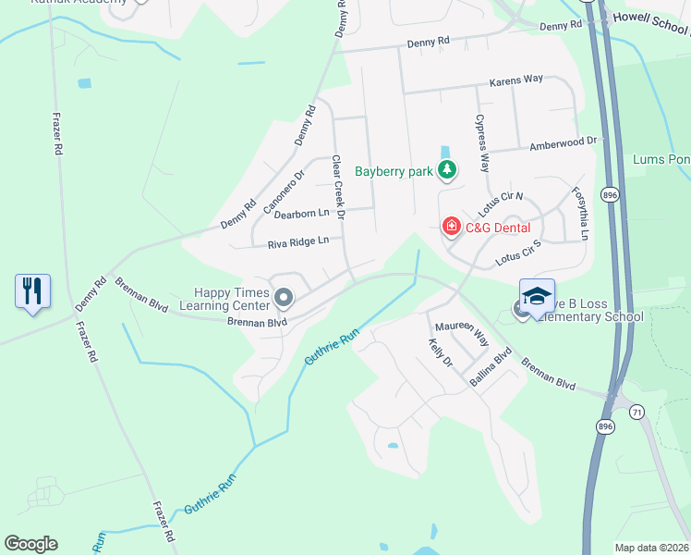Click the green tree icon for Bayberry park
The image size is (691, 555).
(x=447, y=169)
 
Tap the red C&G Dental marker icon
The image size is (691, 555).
(x=451, y=227)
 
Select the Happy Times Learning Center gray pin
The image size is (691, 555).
(x=285, y=298)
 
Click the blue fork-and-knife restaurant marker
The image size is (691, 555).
(x=33, y=291)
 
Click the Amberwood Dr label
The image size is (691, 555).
(x=563, y=144)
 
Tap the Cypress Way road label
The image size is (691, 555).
(x=481, y=143)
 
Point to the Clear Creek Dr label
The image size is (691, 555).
(x=337, y=188)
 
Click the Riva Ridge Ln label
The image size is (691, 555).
(x=298, y=243)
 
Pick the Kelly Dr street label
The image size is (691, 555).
(x=440, y=352)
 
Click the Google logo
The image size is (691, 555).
(x=30, y=544)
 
